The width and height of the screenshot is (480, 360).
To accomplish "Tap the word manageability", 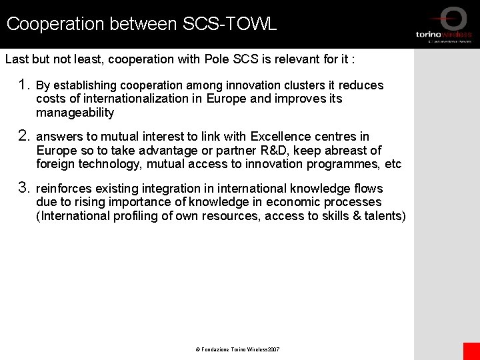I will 75,113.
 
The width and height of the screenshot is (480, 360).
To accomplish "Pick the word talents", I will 381,215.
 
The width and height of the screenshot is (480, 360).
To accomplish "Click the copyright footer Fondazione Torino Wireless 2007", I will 237,349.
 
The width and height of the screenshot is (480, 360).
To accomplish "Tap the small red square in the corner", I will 471,351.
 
